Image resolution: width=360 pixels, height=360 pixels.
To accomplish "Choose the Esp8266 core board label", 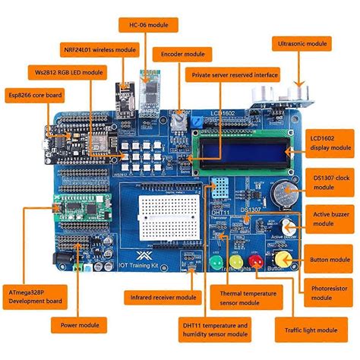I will (x=34, y=95).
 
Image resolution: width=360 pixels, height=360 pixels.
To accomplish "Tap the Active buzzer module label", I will (x=332, y=219).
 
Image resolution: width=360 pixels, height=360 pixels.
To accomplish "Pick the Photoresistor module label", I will (x=331, y=294).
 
